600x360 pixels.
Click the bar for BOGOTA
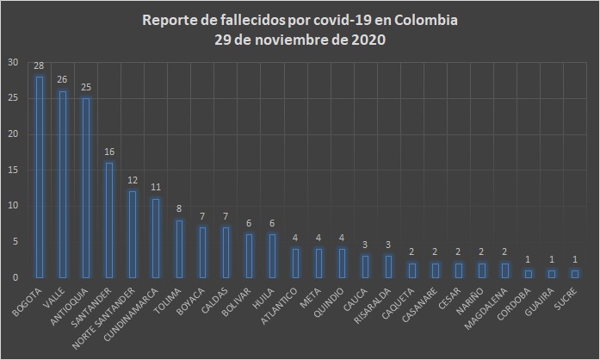[39, 177]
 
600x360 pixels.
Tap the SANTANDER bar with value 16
[109, 220]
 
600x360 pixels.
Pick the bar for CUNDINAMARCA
[156, 238]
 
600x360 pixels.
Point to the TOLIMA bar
[179, 249]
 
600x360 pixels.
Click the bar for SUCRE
[575, 274]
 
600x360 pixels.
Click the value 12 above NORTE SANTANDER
[133, 181]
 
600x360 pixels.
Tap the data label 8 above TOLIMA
[179, 209]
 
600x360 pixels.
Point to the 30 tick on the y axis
[11, 62]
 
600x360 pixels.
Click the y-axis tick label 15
[11, 170]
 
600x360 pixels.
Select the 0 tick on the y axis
[15, 277]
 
